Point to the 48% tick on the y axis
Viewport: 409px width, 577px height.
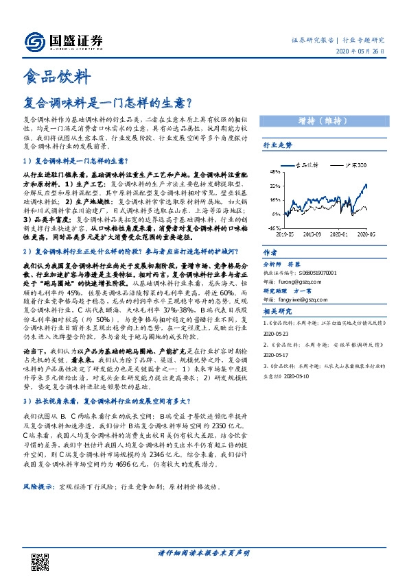tap(272, 171)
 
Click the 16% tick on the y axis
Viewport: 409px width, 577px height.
tap(272, 199)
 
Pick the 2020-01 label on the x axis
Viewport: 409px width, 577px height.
tap(338, 234)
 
